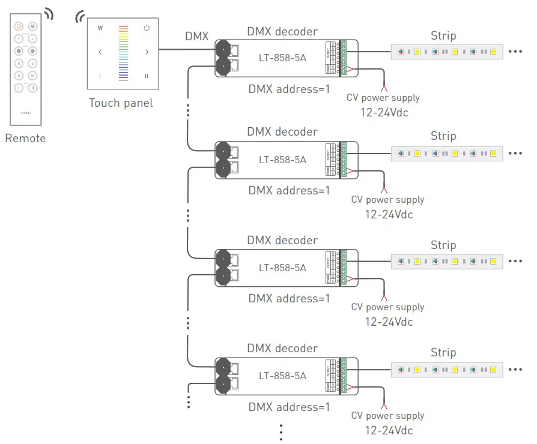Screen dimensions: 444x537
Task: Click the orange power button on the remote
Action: click(19, 26)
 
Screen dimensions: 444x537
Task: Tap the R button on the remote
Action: click(19, 63)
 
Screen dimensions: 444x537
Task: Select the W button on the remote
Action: click(32, 76)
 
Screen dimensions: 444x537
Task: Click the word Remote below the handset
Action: click(25, 139)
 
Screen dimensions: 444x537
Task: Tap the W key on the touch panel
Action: click(100, 28)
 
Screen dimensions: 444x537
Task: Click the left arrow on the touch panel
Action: click(100, 52)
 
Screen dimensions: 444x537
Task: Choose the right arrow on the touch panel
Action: click(147, 52)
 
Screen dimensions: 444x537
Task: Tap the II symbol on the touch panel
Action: click(147, 76)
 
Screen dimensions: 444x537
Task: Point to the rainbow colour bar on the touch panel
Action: click(123, 53)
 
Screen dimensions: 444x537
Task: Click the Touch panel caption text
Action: click(121, 103)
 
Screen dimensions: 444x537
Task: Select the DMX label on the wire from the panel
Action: click(197, 37)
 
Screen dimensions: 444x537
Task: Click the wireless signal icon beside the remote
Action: click(47, 14)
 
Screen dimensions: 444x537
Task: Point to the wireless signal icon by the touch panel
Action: click(79, 17)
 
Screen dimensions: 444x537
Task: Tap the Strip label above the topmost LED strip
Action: click(443, 35)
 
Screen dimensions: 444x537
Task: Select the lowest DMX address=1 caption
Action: click(290, 407)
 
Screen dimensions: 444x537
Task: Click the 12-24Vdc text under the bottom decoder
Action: click(389, 430)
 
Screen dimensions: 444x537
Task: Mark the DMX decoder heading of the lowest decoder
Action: click(282, 349)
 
